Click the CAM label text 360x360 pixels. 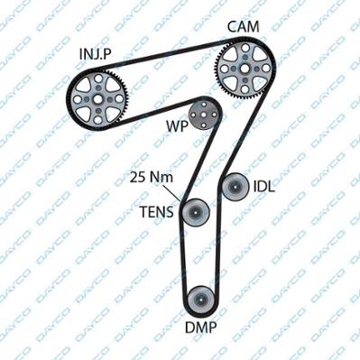coord(243,26)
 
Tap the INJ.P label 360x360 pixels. coord(96,54)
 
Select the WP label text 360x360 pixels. coord(177,126)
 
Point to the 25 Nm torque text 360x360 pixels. coord(152,178)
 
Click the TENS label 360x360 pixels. coord(157,212)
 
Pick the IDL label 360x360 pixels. coord(264,187)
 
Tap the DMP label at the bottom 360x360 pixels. coord(200,328)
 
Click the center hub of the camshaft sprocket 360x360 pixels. coord(245,68)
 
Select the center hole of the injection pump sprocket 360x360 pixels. coord(97,99)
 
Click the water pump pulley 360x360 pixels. coord(204,115)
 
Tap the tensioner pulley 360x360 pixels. coord(195,213)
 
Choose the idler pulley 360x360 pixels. coord(235,187)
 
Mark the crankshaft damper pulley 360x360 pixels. coord(200,300)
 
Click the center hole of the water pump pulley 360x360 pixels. coord(204,115)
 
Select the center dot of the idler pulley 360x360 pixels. coord(235,187)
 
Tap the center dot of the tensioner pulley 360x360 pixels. coord(195,213)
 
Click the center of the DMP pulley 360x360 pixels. coord(200,300)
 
